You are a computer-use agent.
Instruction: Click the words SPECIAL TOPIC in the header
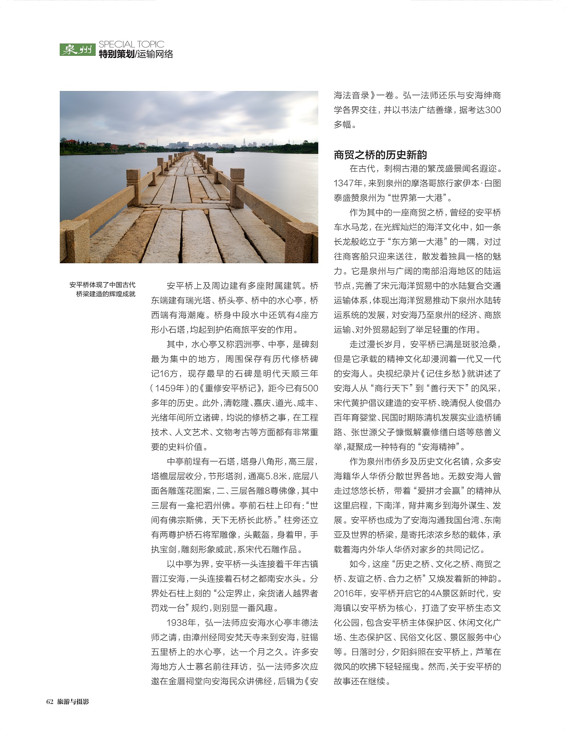[x=131, y=44]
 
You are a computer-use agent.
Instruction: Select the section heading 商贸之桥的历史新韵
[x=380, y=155]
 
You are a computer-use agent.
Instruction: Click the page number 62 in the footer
[x=50, y=702]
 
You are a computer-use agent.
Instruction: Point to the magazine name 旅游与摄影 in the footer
[x=73, y=702]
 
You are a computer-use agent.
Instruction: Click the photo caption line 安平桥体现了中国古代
[x=102, y=285]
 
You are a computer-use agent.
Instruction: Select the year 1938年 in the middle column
[x=181, y=623]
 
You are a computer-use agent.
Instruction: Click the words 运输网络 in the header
[x=155, y=54]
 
